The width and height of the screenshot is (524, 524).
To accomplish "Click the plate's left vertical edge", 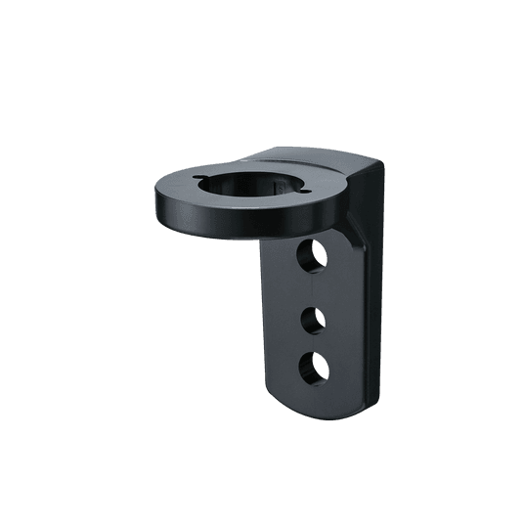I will [261, 323].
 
